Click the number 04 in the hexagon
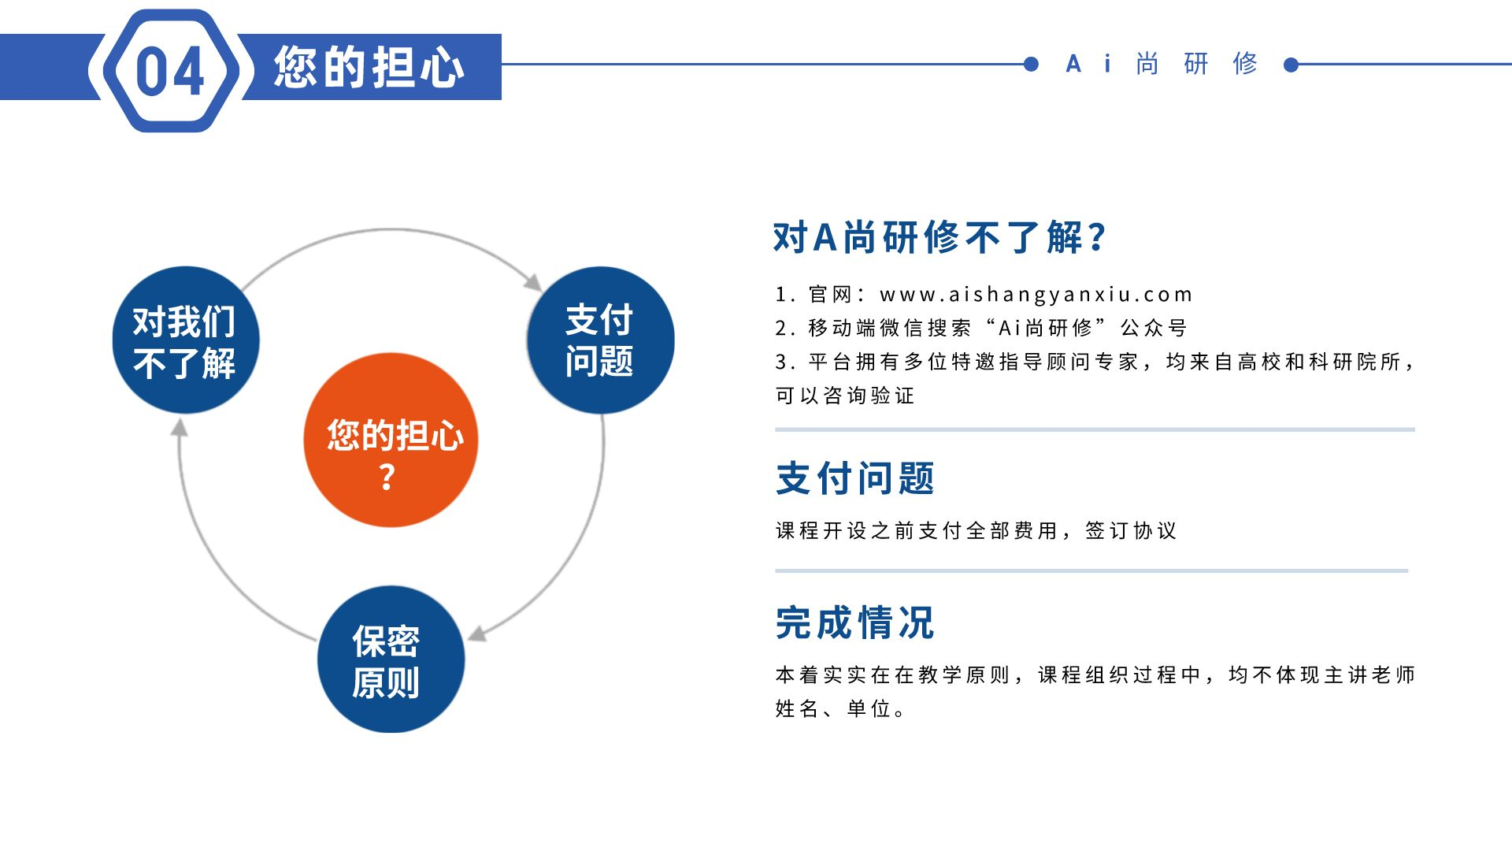[x=170, y=71]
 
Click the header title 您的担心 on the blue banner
[x=369, y=67]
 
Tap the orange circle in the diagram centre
[x=391, y=440]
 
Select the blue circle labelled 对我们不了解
[x=186, y=340]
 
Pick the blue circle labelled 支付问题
[x=600, y=340]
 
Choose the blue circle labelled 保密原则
[x=391, y=660]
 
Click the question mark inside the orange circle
[x=387, y=477]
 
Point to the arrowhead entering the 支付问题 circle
[x=533, y=282]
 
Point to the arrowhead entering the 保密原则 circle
[x=477, y=634]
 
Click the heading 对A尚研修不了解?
[x=940, y=237]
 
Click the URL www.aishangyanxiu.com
[x=1036, y=295]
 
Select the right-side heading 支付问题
[x=855, y=478]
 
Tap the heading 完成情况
[x=855, y=622]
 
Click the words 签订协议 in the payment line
[x=1131, y=530]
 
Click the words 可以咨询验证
[x=845, y=396]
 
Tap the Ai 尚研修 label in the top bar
[x=1162, y=64]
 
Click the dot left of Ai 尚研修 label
[x=1031, y=65]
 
